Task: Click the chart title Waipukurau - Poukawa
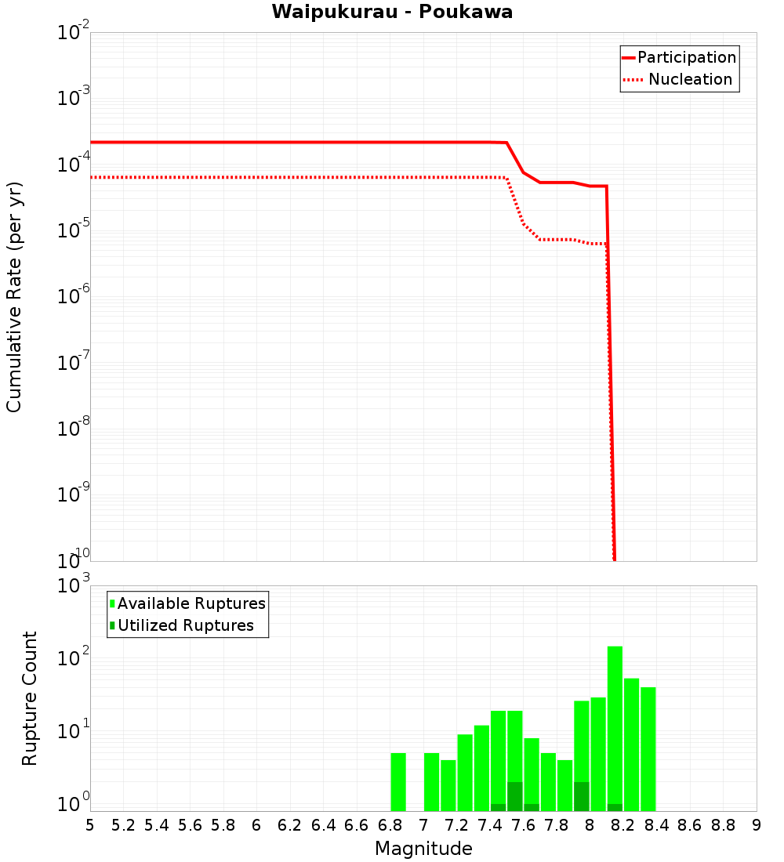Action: coord(392,13)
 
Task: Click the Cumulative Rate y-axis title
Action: coord(14,296)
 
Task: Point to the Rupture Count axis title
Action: coord(30,698)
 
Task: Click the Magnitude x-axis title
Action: coord(423,848)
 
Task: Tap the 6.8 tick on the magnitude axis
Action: coord(390,825)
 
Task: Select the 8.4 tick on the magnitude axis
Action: coord(656,825)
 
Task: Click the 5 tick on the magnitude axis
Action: coord(90,825)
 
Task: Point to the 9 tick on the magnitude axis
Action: coord(757,825)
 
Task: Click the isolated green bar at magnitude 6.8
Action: coord(398,782)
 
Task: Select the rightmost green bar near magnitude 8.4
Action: coord(648,748)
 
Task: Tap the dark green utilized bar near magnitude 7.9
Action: coord(581,796)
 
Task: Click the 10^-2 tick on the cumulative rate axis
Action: coord(74,33)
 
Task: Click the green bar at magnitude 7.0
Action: coord(431,782)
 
